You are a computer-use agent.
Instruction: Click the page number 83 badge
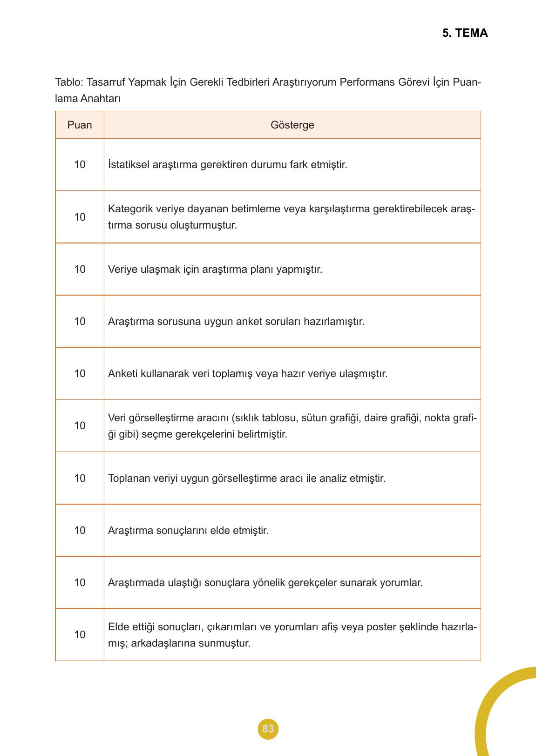tap(268, 729)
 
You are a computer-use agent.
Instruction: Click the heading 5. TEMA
tap(465, 33)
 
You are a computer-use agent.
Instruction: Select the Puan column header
tap(80, 125)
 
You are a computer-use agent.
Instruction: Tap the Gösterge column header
tap(292, 125)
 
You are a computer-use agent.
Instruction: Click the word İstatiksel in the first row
tap(129, 165)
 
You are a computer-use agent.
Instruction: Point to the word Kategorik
tap(129, 209)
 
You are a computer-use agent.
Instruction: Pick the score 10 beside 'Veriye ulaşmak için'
tap(80, 269)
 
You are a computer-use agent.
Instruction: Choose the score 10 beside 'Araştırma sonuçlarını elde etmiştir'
tap(80, 530)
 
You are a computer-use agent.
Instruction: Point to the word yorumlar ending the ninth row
tap(401, 582)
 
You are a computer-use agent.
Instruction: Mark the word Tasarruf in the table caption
tap(106, 82)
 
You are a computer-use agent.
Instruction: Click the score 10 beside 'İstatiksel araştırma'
tap(80, 165)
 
